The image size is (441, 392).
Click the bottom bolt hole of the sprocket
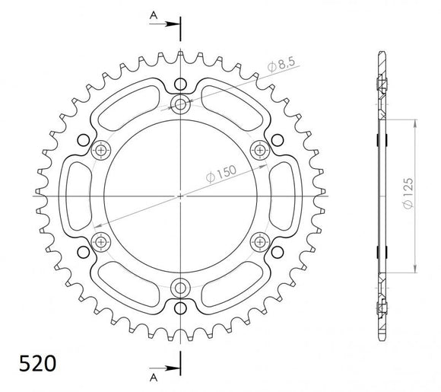point(180,287)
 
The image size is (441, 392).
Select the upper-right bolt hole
point(260,150)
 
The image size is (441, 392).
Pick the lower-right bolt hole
point(260,241)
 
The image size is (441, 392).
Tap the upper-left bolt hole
point(101,150)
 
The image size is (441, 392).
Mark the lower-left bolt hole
point(101,241)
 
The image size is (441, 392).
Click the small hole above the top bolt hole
point(180,84)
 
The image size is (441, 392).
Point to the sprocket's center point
point(180,196)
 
